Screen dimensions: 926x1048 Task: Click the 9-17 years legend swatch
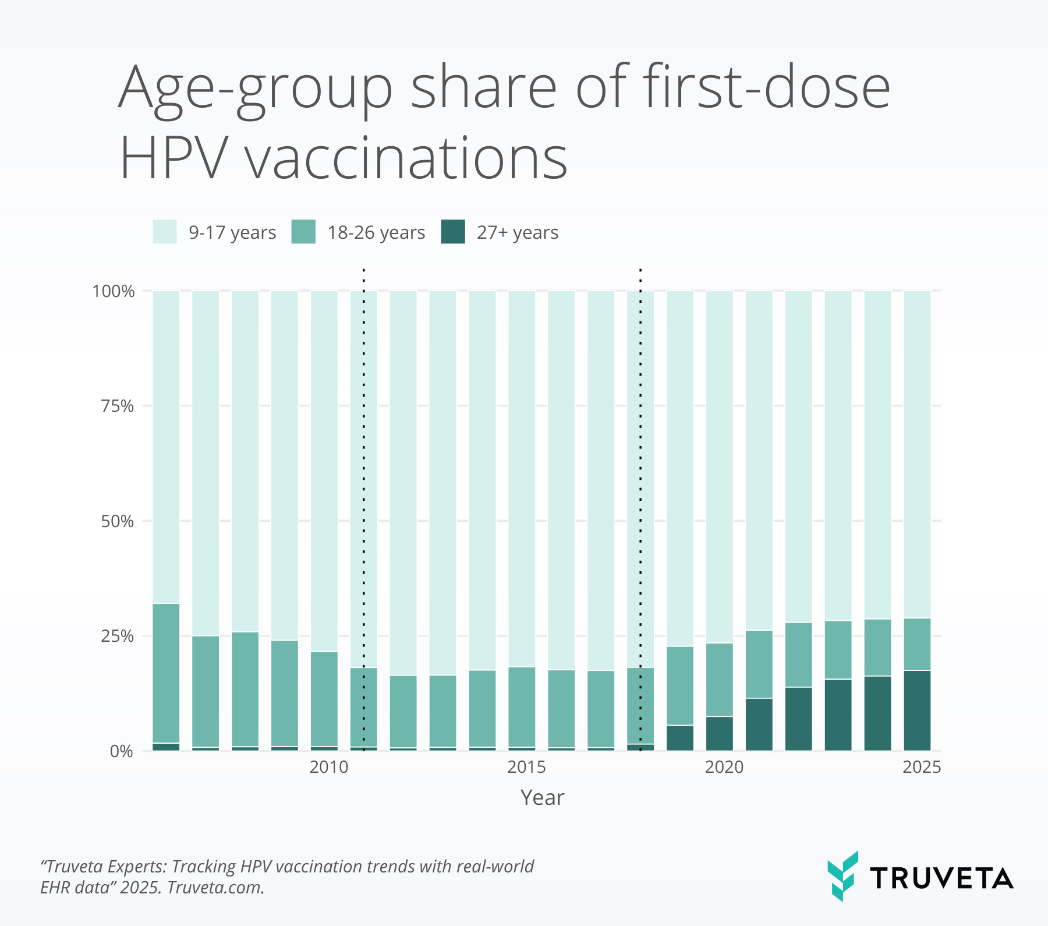tap(164, 232)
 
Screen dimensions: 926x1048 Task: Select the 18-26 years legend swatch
tap(303, 232)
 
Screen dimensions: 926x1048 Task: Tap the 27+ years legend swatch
tap(453, 232)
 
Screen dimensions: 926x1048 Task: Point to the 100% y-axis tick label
tap(114, 291)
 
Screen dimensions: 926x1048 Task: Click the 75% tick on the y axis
tap(118, 406)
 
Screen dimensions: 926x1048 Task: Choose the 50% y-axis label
tap(118, 521)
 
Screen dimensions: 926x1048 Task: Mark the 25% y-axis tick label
tap(118, 636)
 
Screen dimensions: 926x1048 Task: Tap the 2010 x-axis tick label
tap(329, 767)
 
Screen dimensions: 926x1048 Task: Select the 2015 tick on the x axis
tap(526, 767)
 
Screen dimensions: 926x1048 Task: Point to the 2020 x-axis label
tap(724, 767)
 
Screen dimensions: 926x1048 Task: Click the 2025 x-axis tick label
tap(921, 767)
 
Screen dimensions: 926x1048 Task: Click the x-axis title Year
tap(542, 797)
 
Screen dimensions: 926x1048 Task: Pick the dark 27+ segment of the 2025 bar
tap(917, 711)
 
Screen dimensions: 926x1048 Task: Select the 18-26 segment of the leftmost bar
tap(166, 673)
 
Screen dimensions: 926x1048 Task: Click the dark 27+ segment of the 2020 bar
tap(720, 733)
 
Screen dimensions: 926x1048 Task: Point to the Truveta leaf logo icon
tap(843, 876)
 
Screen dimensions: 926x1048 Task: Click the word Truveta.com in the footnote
tap(215, 888)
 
